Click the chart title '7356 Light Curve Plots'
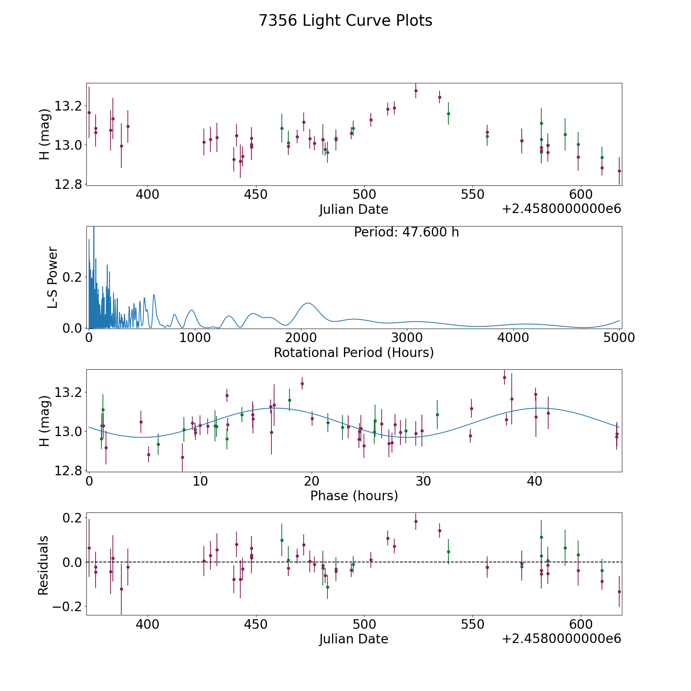coord(345,21)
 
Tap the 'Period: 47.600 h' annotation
coord(406,232)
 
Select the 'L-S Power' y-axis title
coord(53,277)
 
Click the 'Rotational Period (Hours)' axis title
coord(354,352)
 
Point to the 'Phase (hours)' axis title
coord(354,496)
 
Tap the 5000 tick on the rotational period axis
coord(619,338)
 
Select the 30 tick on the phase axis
coord(423,481)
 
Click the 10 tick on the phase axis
coord(200,481)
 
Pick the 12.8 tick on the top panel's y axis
coord(68,185)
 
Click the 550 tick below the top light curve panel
coord(472,195)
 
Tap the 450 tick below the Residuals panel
coord(256,625)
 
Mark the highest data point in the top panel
coord(416,91)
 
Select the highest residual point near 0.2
coord(416,521)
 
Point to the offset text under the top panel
coord(561,209)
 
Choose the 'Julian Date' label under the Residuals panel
coord(354,639)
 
